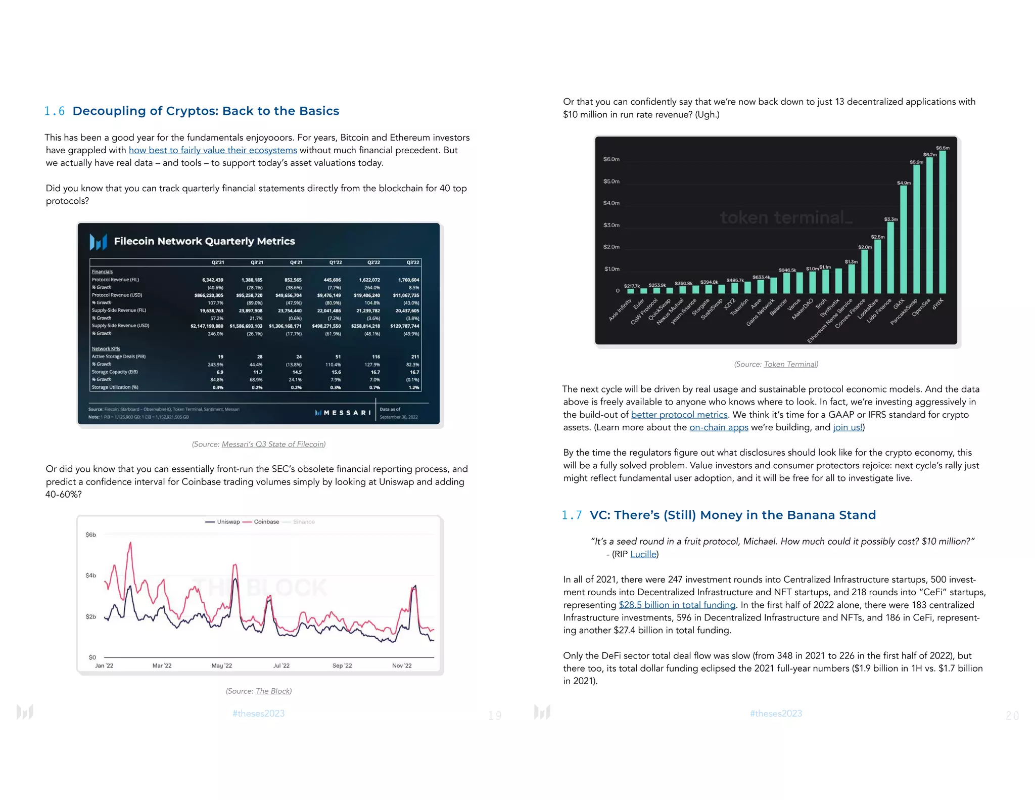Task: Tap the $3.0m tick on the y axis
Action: coord(611,225)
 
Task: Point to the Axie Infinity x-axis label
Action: coord(621,309)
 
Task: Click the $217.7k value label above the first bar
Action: coord(632,286)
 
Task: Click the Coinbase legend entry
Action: coord(266,522)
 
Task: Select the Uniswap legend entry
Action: coord(228,522)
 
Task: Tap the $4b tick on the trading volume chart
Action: coord(90,575)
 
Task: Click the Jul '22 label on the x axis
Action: coord(281,665)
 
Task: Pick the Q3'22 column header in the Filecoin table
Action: coord(412,262)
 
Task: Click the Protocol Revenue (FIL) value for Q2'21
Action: coord(212,280)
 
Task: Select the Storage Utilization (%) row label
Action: coord(115,387)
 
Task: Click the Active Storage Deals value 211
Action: coord(415,357)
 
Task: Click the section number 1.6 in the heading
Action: coord(55,111)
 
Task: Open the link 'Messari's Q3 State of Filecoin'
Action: coord(273,444)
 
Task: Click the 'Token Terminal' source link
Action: coord(790,364)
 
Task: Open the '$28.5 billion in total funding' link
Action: coord(677,605)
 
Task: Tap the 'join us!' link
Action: coord(848,427)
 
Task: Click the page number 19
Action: coord(495,716)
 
